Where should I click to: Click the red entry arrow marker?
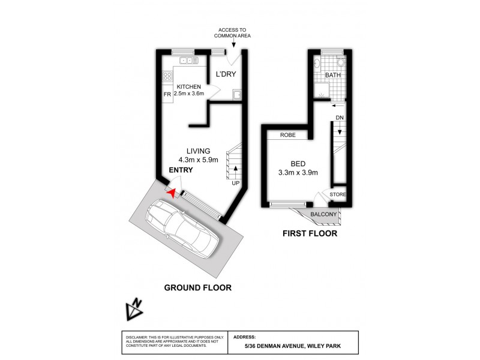tap(172, 193)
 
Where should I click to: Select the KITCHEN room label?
tap(188, 86)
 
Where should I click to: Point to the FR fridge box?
tap(166, 94)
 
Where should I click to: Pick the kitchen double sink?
tap(187, 60)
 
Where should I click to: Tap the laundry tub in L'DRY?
tap(238, 94)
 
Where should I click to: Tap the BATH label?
tap(333, 76)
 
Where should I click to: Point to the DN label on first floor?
tap(340, 118)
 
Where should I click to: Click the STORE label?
tap(338, 194)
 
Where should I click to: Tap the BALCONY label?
tap(324, 214)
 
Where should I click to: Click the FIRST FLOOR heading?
tap(310, 233)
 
